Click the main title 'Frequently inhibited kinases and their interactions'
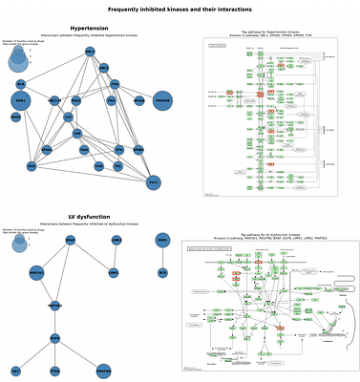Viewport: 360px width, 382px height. click(x=180, y=9)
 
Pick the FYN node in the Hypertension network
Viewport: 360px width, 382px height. click(x=115, y=84)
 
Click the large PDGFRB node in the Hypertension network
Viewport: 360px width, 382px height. click(x=162, y=100)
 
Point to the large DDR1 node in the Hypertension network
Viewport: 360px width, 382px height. click(x=21, y=100)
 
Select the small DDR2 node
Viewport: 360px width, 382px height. click(x=16, y=117)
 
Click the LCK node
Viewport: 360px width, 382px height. click(x=68, y=117)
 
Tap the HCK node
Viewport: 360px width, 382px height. click(x=32, y=165)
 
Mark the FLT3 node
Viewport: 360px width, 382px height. click(x=153, y=180)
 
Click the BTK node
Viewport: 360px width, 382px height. click(x=119, y=149)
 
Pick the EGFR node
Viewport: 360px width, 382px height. click(x=54, y=337)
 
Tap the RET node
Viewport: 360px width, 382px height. click(x=16, y=370)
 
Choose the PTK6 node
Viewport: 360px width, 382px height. click(x=54, y=370)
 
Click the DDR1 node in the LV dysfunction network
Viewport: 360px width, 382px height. click(x=162, y=240)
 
